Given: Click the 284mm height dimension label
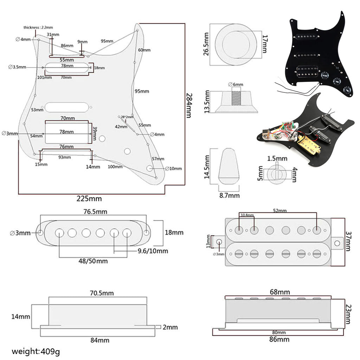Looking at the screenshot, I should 189,105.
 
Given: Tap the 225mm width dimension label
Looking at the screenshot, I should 89,199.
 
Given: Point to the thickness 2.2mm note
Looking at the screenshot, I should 38,27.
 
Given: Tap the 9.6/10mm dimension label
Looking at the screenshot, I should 153,251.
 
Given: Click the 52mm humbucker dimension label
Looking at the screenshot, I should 279,211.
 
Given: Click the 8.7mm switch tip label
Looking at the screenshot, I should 229,195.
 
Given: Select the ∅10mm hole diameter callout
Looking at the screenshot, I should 174,168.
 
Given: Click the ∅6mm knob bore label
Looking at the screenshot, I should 236,84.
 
